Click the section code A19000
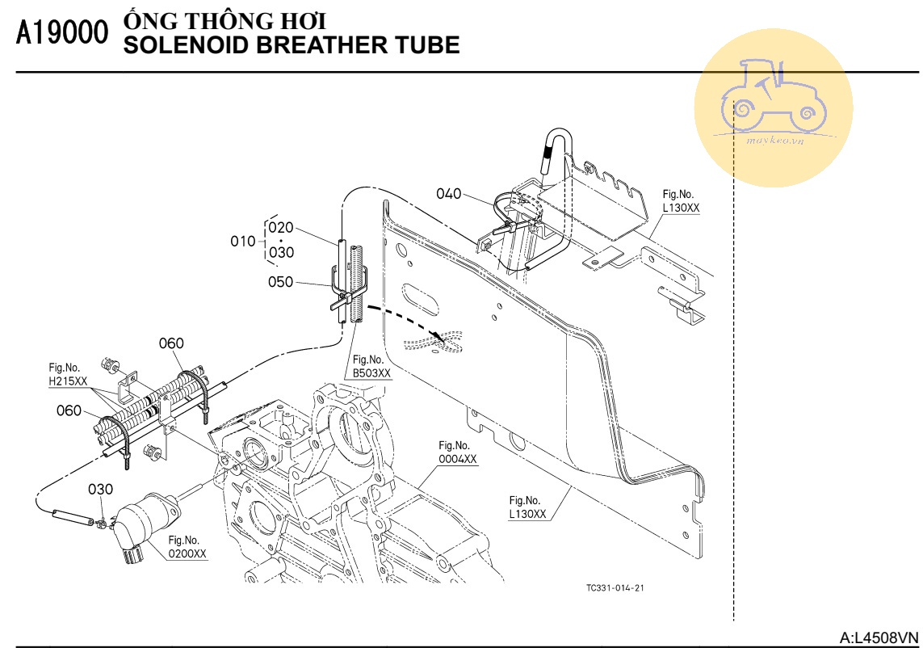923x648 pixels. coord(61,33)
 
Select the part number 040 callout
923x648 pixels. coord(449,194)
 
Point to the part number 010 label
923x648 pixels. coord(242,241)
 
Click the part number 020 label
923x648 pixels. coord(281,228)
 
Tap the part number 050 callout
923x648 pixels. coord(281,282)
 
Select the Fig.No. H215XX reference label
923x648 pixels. coord(68,373)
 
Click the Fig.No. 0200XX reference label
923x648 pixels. coord(187,547)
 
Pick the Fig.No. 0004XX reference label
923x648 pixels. coord(458,452)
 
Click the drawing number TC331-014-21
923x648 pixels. coord(615,587)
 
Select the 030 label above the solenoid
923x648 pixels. coord(101,490)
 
